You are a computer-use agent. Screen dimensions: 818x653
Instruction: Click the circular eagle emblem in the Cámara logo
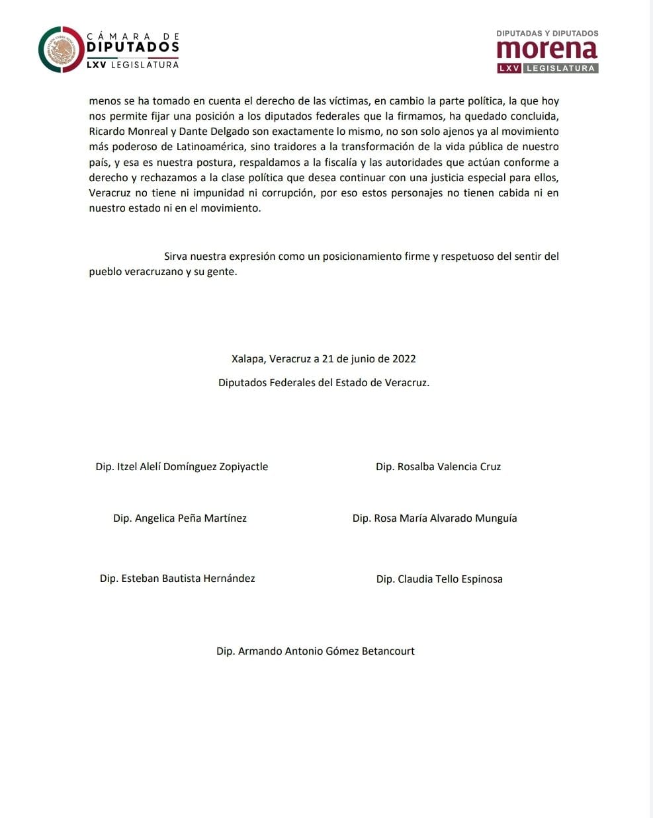click(x=61, y=50)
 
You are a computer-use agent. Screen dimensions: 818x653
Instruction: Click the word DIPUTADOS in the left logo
click(x=133, y=48)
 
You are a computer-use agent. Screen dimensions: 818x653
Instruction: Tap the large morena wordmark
click(x=547, y=49)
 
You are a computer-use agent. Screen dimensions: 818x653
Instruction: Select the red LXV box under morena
click(x=509, y=68)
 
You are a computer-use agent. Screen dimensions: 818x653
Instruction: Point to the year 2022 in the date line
click(x=404, y=359)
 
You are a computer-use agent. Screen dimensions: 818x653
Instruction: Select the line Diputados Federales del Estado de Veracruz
click(x=324, y=383)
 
